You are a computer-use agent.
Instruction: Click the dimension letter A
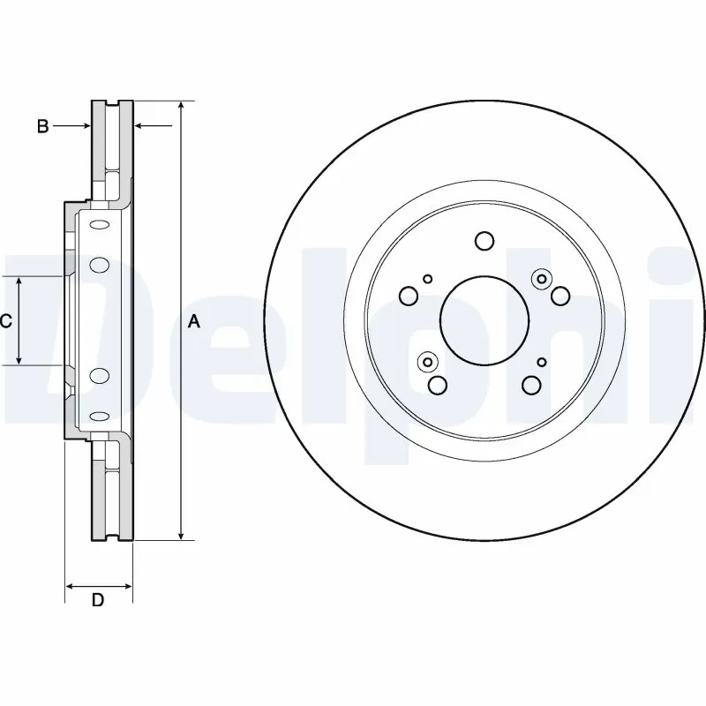coord(195,322)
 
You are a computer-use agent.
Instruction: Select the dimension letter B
coord(41,127)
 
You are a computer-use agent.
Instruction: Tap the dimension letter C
coord(6,322)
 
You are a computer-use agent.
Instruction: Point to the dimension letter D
coord(99,601)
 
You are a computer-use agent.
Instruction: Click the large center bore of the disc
coord(484,320)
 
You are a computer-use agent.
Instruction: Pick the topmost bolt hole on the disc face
coord(484,240)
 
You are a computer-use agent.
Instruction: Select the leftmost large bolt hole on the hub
coord(409,296)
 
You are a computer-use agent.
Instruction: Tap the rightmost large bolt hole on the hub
coord(560,296)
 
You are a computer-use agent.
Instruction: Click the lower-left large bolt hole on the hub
coord(437,385)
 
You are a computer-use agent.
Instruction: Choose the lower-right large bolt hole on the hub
coord(531,385)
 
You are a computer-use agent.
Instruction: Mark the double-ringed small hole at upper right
coord(540,279)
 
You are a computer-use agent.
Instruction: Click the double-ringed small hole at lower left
coord(428,361)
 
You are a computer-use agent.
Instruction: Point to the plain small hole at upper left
coord(428,279)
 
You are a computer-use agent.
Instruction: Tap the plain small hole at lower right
coord(541,362)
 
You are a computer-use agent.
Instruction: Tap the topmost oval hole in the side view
coord(98,222)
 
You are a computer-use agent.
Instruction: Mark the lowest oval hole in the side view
coord(98,419)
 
